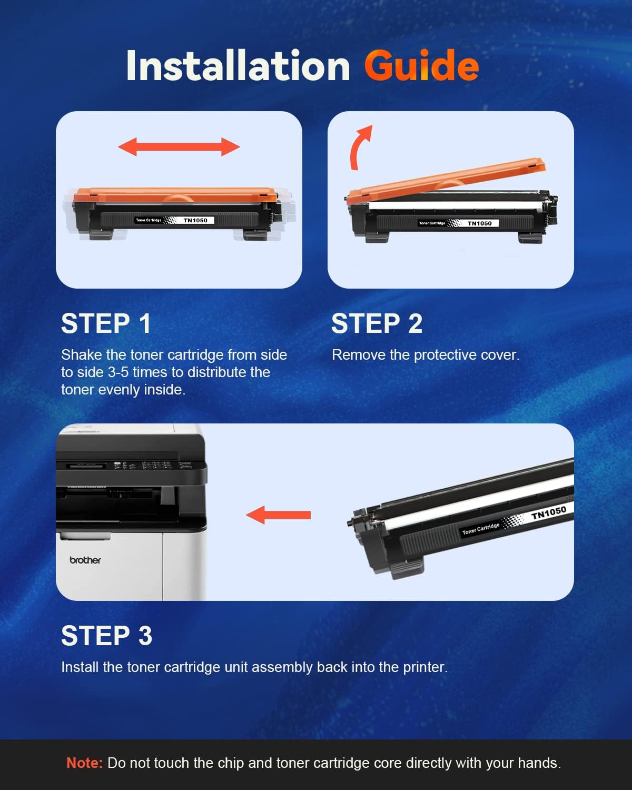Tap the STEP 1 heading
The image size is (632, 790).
106,323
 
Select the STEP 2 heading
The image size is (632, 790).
377,323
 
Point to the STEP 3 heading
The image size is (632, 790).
106,636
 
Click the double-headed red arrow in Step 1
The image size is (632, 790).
179,147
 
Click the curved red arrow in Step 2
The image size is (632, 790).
359,149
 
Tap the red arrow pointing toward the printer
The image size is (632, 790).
279,515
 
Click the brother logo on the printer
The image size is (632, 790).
85,560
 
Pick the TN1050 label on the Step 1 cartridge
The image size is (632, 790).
195,220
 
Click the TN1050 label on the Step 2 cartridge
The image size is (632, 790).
480,223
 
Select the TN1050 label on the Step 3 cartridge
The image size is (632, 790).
549,512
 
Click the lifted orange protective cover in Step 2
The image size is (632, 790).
446,179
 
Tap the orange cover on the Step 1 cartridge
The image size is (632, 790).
175,195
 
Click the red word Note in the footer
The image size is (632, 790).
84,763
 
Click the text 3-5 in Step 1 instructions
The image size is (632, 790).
118,372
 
